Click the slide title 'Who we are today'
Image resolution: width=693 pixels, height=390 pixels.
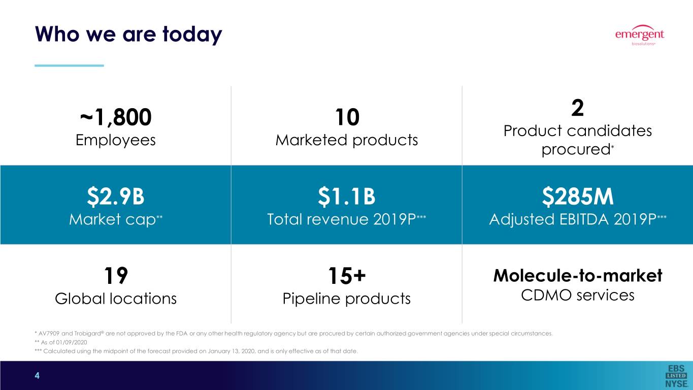click(x=128, y=35)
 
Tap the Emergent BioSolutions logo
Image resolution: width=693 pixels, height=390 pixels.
click(x=639, y=36)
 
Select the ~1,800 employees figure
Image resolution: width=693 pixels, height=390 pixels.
click(x=115, y=118)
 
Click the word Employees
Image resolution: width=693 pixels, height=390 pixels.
click(x=115, y=140)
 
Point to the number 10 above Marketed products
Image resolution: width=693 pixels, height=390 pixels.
click(x=346, y=118)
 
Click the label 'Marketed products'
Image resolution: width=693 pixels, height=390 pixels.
click(x=346, y=140)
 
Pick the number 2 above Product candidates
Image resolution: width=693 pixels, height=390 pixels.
click(x=577, y=108)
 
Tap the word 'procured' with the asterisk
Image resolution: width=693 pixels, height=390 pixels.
click(x=575, y=150)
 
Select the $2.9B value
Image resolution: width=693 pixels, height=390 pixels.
click(x=115, y=197)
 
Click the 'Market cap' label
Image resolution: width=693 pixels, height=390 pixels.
click(x=113, y=219)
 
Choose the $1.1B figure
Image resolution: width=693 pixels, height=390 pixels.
click(x=346, y=197)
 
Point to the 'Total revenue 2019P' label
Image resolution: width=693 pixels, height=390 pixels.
click(x=343, y=219)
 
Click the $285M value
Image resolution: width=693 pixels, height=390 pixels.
click(x=577, y=197)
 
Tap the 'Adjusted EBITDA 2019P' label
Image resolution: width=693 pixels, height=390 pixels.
click(x=574, y=219)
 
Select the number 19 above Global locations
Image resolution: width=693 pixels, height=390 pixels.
click(x=115, y=276)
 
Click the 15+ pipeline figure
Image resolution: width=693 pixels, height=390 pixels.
click(x=346, y=276)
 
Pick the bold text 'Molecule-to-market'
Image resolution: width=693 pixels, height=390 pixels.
click(x=577, y=276)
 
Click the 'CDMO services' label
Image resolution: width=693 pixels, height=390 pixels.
click(x=577, y=295)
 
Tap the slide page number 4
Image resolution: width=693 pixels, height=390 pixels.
click(x=37, y=376)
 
